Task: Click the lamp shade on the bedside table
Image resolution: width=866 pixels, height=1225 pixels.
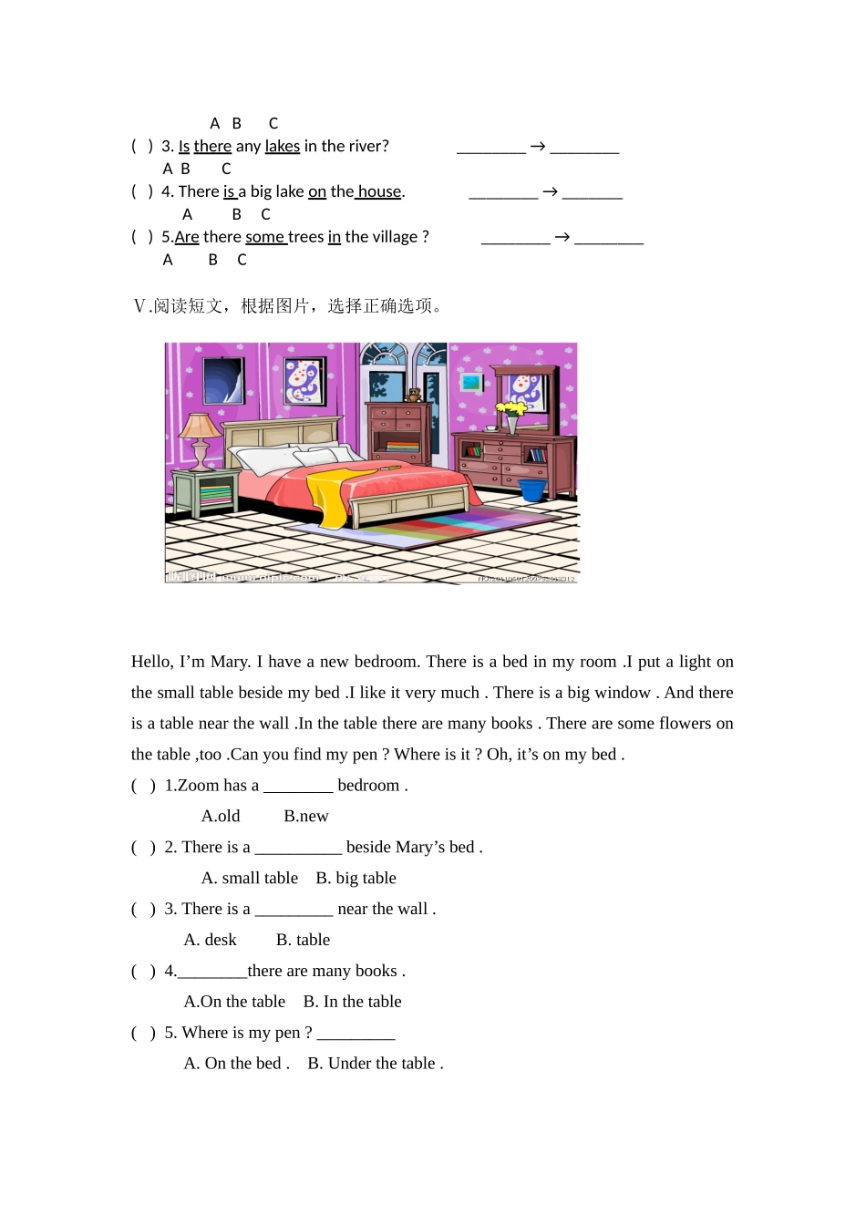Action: tap(200, 426)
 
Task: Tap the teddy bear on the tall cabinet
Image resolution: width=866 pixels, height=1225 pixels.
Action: tap(414, 395)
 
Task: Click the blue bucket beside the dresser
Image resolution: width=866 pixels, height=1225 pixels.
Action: tap(531, 489)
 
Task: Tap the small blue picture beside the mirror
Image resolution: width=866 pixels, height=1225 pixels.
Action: tap(471, 382)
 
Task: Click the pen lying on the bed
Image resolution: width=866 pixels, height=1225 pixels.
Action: tap(389, 467)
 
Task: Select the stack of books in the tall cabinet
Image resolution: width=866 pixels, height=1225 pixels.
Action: tap(401, 447)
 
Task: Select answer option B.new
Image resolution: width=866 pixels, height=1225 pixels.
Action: tap(305, 817)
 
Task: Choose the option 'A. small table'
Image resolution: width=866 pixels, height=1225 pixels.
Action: tap(250, 879)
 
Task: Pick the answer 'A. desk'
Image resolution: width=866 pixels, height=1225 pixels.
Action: tap(211, 941)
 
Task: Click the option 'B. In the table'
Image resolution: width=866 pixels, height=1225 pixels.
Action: tap(352, 1002)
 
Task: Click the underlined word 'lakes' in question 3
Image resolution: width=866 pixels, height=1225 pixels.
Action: tap(283, 147)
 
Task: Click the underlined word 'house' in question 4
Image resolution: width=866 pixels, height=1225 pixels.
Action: tap(379, 192)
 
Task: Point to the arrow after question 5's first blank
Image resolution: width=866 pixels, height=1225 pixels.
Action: tap(562, 237)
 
